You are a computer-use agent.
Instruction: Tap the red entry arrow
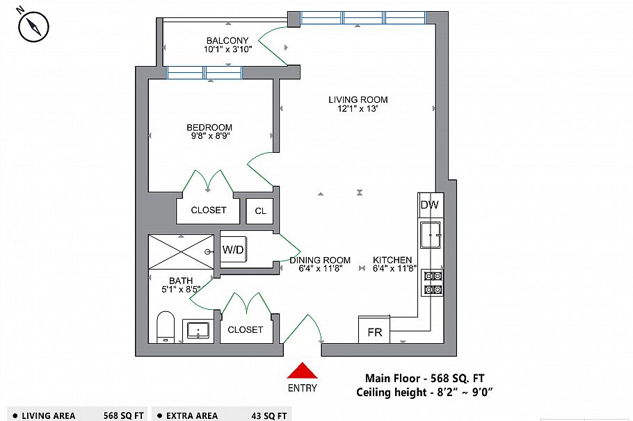[x=302, y=371]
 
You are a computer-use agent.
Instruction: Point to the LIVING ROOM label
[x=358, y=99]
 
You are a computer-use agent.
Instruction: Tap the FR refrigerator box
[x=374, y=332]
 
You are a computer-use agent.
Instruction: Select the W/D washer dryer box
[x=233, y=249]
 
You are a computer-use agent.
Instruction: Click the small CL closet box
[x=259, y=210]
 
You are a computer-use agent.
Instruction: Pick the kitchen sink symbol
[x=431, y=236]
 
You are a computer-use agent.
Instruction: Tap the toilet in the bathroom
[x=165, y=327]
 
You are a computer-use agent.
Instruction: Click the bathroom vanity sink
[x=200, y=331]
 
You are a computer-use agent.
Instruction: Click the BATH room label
[x=181, y=281]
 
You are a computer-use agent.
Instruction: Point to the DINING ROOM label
[x=319, y=260]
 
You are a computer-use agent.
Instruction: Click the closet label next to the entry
[x=245, y=329]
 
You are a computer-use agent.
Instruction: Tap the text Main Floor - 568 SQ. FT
[x=424, y=378]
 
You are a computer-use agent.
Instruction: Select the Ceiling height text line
[x=426, y=393]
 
